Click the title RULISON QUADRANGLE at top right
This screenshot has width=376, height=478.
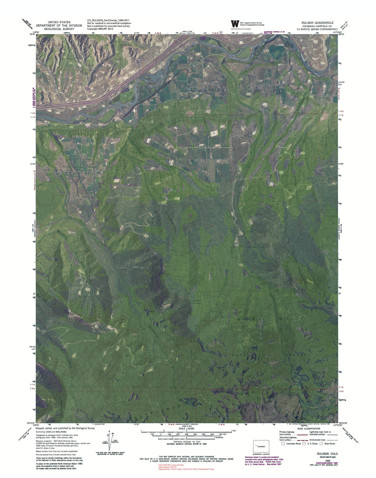(317, 23)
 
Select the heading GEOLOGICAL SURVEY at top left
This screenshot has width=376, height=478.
(55, 29)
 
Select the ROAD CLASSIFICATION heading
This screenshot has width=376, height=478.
(308, 429)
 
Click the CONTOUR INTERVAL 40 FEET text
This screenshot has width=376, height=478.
(187, 442)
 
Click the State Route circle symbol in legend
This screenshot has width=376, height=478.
(321, 444)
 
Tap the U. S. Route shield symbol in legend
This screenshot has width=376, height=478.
(304, 444)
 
